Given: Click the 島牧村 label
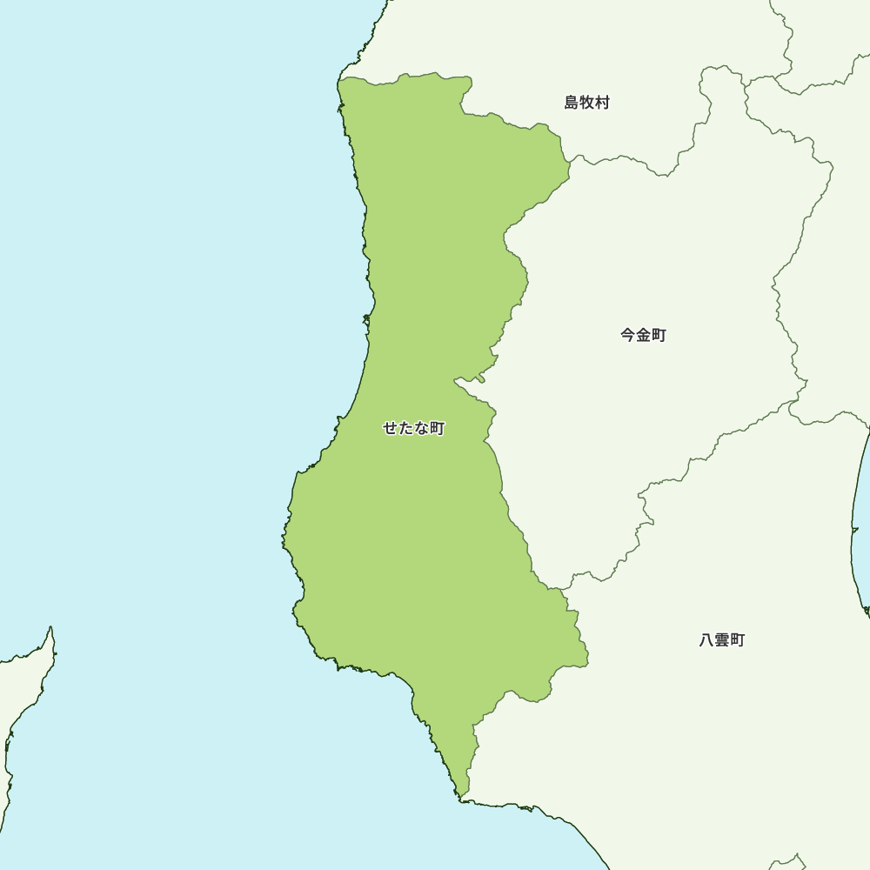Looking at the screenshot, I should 587,103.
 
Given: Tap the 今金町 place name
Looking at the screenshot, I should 643,335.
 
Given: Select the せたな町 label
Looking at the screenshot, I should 413,428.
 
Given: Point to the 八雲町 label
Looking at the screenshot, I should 722,640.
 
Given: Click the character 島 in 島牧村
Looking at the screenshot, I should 572,103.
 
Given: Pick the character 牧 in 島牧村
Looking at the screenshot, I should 587,103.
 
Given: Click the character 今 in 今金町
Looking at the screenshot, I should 627,335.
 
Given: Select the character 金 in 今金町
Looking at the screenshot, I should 643,335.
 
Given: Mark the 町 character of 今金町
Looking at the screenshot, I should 659,335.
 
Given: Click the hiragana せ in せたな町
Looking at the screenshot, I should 390,428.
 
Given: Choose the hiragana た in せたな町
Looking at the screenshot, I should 405,428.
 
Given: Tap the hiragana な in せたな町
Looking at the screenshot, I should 421,428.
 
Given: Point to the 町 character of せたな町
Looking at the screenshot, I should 437,428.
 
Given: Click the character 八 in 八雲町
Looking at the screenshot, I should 706,640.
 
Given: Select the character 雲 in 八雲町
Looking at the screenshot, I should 722,640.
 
